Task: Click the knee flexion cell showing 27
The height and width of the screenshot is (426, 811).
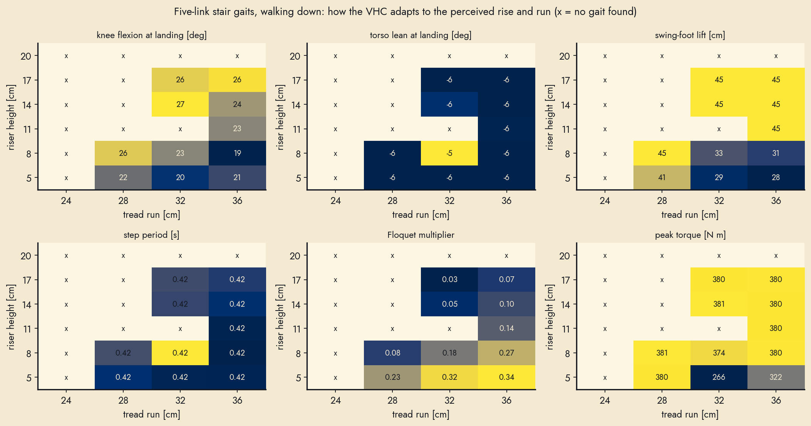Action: pos(180,104)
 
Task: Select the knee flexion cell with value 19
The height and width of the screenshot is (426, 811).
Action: pos(237,153)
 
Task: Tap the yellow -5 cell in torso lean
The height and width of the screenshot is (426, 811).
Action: pos(449,153)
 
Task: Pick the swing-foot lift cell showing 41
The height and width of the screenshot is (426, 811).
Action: pos(662,177)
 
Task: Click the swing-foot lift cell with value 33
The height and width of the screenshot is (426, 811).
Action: pos(719,153)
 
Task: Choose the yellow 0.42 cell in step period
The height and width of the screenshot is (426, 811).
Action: pos(180,353)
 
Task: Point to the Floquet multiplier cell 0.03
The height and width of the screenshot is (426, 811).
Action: pos(449,279)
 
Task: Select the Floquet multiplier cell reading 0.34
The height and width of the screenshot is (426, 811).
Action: pos(506,377)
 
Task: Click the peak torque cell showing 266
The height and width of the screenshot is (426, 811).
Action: pos(719,377)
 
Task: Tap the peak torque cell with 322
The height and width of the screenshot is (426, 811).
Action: pos(776,377)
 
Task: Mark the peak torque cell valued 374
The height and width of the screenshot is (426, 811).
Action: pos(719,353)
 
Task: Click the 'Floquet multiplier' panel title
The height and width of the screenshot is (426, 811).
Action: pos(421,235)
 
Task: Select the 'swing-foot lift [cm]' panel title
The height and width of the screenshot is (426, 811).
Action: pos(690,35)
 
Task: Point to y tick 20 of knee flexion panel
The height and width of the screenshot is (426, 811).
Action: pos(26,56)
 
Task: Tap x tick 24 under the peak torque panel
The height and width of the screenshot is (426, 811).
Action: pos(605,400)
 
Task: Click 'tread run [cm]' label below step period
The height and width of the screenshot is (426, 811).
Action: pos(152,414)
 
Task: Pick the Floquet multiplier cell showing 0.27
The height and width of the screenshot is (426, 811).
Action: pos(506,353)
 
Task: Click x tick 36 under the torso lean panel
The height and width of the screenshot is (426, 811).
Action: pos(506,200)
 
